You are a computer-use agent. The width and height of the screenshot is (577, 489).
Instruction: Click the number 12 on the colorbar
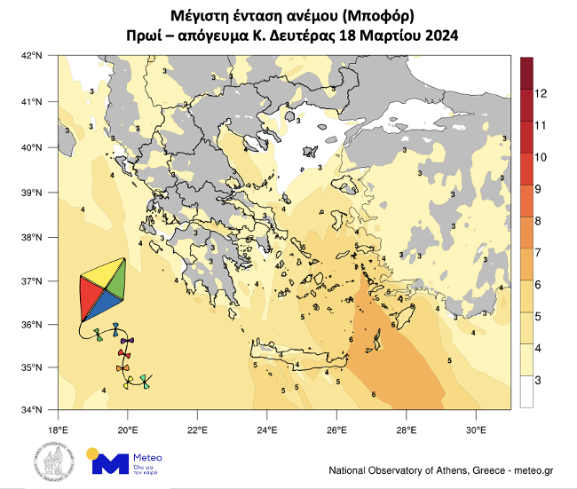[541, 93]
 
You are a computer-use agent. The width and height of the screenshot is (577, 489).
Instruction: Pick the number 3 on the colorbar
[539, 380]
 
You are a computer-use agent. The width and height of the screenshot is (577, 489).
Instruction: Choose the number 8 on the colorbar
[539, 220]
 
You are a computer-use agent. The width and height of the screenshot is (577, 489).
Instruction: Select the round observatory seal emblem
[51, 461]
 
